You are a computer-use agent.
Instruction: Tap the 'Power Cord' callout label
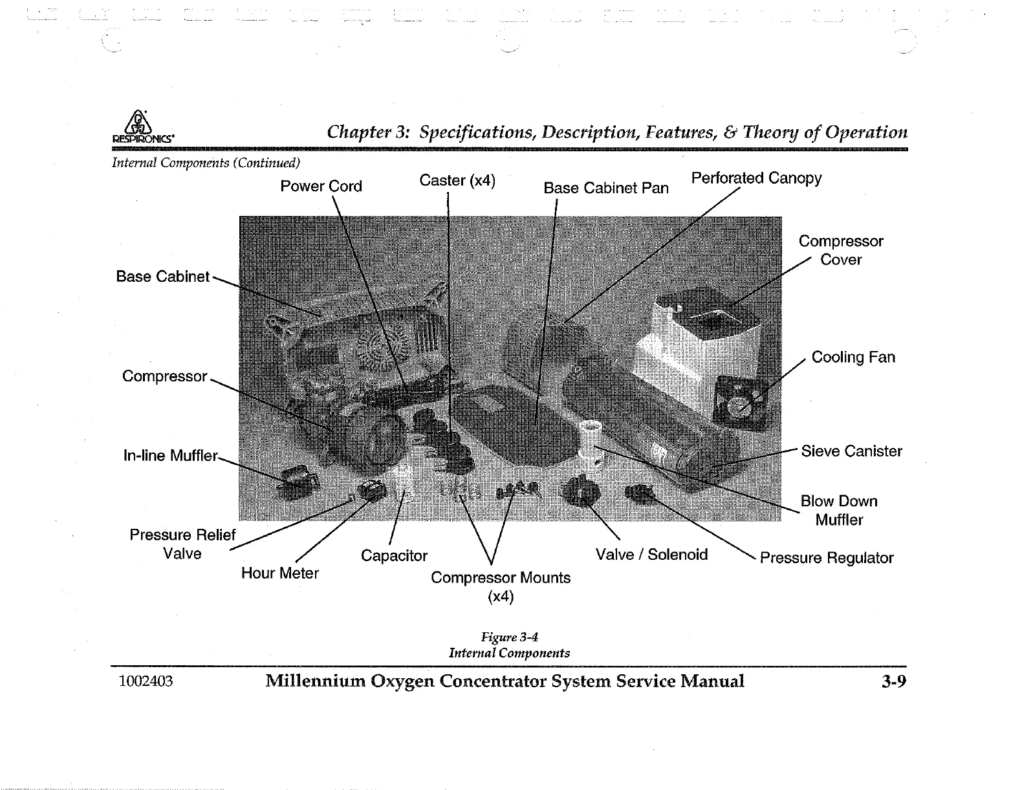[x=321, y=186]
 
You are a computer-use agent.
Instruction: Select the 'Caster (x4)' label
[x=457, y=180]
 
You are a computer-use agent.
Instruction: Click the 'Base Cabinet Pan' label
[x=606, y=188]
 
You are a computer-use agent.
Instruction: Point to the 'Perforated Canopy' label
[x=756, y=178]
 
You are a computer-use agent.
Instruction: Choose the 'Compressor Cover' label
[x=840, y=250]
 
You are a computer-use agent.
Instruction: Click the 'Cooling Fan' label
[x=853, y=358]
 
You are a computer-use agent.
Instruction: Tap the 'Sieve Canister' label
[x=851, y=451]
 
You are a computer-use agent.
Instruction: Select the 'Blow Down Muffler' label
[x=839, y=510]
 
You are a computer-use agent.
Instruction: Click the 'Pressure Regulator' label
[x=826, y=558]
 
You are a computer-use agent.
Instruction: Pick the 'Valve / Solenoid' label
[x=651, y=555]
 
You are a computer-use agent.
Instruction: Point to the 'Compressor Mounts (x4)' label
[x=501, y=586]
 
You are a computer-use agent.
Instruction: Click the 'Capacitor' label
[x=394, y=556]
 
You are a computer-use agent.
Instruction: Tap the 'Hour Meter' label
[x=279, y=573]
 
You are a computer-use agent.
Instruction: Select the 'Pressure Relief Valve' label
[x=182, y=544]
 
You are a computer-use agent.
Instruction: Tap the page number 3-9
[x=893, y=681]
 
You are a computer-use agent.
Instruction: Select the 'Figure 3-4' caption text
[x=510, y=637]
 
